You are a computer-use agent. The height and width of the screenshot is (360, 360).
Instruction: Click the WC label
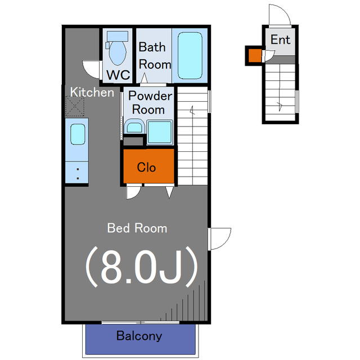[x=118, y=75]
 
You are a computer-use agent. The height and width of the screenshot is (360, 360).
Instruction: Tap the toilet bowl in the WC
[x=118, y=53]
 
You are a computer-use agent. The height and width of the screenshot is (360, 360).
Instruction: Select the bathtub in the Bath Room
[x=190, y=55]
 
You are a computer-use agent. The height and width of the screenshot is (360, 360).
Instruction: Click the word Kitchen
[x=92, y=92]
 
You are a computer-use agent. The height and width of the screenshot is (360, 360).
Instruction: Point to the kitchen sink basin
[x=78, y=134]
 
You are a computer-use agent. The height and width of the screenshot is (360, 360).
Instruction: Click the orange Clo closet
[x=148, y=166]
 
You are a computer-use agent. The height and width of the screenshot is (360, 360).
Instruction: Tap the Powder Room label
[x=150, y=102]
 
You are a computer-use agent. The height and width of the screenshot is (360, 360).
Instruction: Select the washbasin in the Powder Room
[x=134, y=126]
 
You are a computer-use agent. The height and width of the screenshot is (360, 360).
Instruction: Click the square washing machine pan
[x=160, y=132]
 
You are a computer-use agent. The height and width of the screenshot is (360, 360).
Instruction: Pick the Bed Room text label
[x=137, y=228]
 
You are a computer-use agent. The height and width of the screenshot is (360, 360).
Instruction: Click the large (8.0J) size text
[x=141, y=267]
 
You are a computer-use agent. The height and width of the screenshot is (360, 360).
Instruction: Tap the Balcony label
[x=139, y=336]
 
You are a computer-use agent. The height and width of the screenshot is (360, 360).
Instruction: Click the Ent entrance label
[x=280, y=39]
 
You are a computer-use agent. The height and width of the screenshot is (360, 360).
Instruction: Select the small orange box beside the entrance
[x=255, y=56]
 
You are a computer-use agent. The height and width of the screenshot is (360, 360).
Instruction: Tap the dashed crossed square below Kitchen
[x=75, y=106]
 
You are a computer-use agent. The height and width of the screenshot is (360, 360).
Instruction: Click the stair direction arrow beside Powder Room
[x=192, y=110]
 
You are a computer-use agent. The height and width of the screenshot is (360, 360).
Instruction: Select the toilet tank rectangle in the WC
[x=118, y=36]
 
